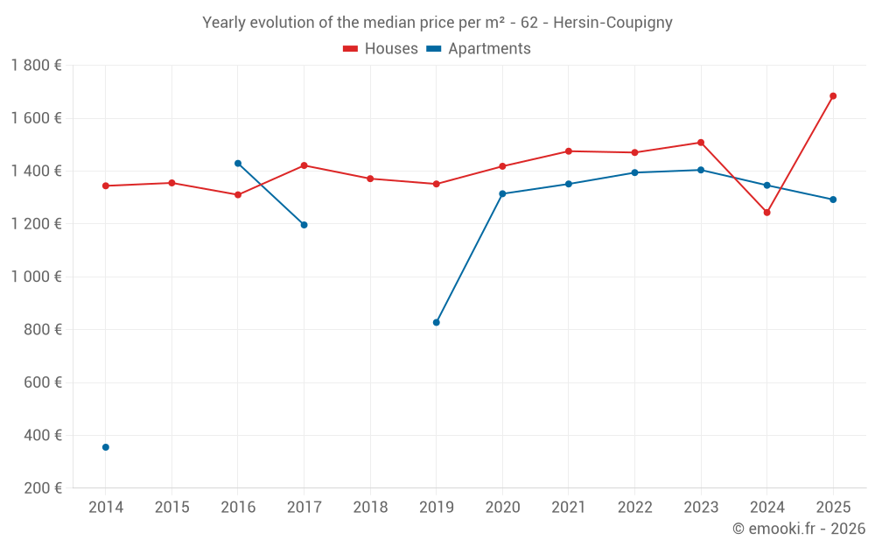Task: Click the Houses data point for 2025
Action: (x=833, y=96)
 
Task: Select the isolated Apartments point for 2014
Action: (x=106, y=447)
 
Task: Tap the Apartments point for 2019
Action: (x=437, y=322)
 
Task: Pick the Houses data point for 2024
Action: (x=766, y=213)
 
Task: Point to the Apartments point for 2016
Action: (x=238, y=164)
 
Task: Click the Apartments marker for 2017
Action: (x=304, y=225)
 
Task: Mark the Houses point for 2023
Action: (x=701, y=143)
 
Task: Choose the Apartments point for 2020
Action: (x=502, y=193)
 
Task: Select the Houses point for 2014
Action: (x=106, y=186)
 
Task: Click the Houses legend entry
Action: (x=381, y=49)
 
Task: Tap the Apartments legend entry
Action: (x=479, y=49)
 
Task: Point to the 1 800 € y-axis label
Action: (x=37, y=66)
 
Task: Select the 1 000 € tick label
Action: (x=37, y=277)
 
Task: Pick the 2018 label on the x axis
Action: (x=370, y=508)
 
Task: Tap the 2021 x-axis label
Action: (x=569, y=508)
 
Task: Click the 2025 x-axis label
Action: (x=833, y=508)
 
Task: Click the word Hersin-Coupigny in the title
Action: (x=612, y=23)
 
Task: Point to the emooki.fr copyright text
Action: (x=799, y=529)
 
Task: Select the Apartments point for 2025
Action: (x=833, y=200)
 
